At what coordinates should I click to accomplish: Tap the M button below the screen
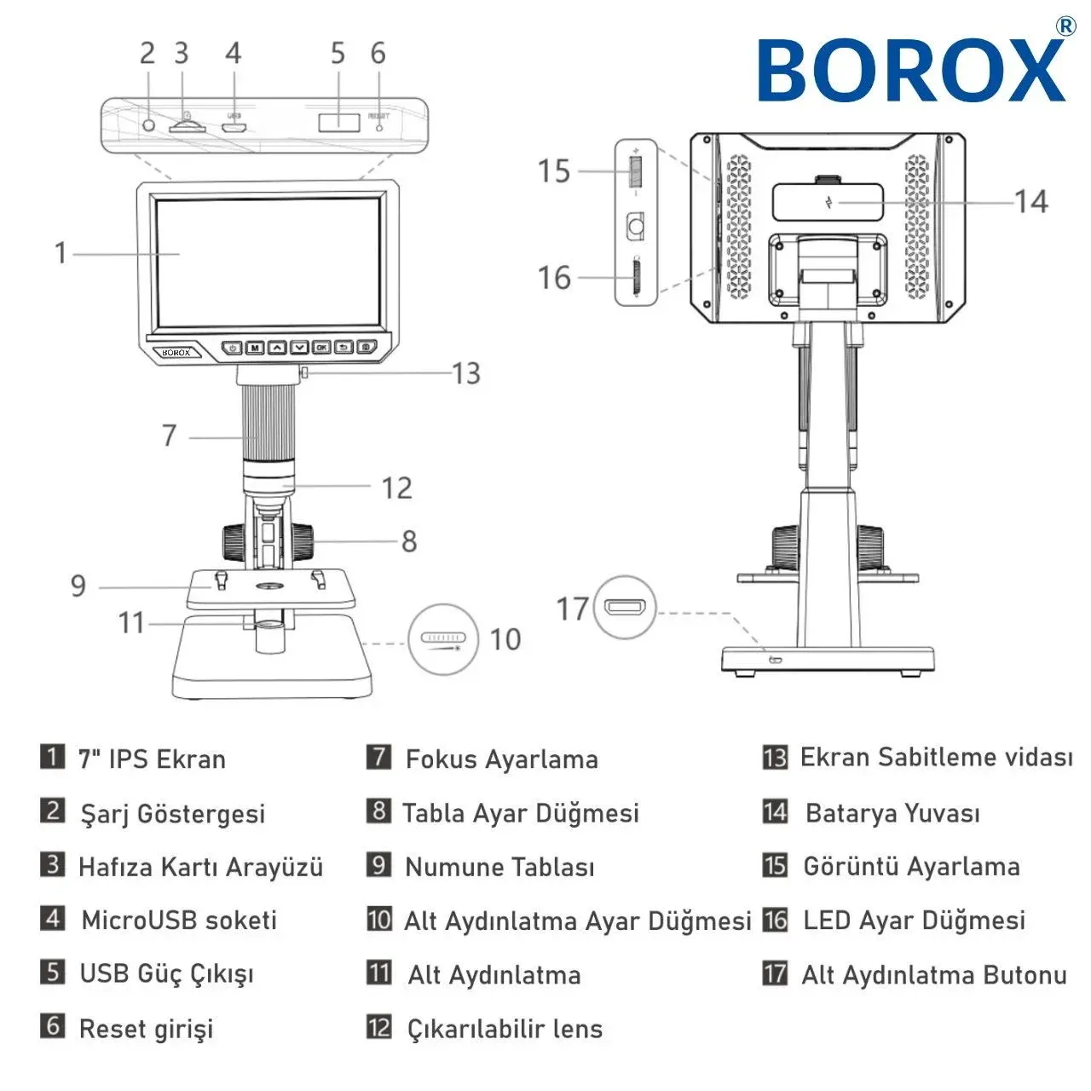(255, 347)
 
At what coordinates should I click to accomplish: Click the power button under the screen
(233, 347)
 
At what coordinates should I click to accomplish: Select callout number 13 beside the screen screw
(466, 373)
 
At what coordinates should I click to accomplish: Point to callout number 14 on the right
(1031, 201)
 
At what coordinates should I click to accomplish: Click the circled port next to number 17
(625, 608)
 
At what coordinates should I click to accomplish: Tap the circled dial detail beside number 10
(443, 640)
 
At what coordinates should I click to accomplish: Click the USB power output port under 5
(339, 122)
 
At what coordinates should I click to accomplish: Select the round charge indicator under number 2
(149, 125)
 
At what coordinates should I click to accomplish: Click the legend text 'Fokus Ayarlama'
(502, 759)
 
